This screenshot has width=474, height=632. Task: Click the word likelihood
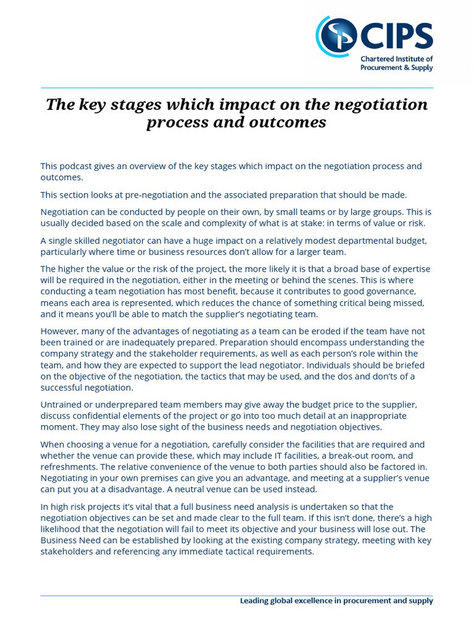tap(64, 530)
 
